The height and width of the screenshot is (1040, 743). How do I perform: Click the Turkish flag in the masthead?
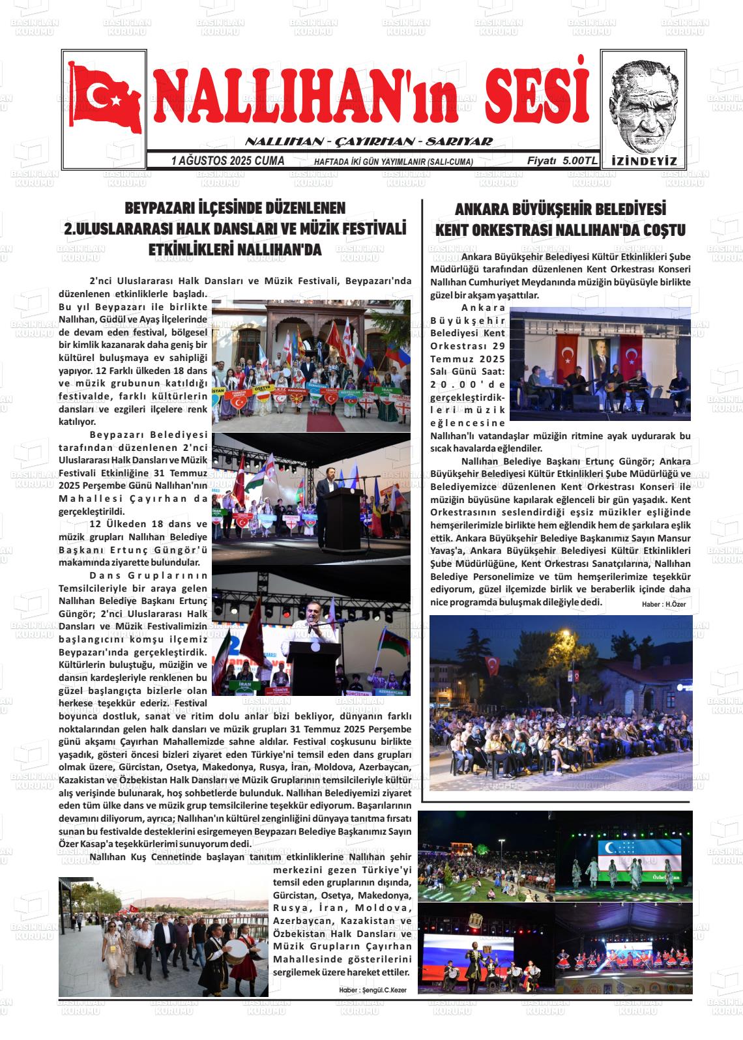104,97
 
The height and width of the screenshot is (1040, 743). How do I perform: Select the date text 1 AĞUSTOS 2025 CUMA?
227,160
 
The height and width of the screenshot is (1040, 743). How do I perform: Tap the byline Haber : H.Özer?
663,604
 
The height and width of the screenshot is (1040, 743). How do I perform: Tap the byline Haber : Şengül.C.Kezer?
372,990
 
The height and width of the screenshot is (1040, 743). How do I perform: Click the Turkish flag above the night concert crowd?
492,665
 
